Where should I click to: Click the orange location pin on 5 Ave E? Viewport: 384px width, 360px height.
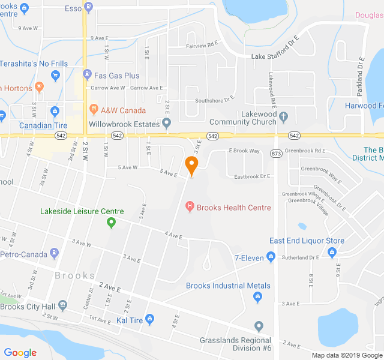click(x=191, y=164)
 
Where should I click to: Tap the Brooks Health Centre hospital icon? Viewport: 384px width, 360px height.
click(x=190, y=208)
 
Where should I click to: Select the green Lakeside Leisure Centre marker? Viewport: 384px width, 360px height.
click(x=111, y=223)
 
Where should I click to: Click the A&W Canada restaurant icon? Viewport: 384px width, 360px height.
click(x=94, y=110)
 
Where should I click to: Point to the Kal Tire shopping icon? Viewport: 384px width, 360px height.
click(x=150, y=319)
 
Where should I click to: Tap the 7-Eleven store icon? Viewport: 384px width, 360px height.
click(x=271, y=257)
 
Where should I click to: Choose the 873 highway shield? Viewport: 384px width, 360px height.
click(x=276, y=154)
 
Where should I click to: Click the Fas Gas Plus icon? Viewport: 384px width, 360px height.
click(x=88, y=75)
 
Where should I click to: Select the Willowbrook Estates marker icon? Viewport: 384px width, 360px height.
click(x=167, y=124)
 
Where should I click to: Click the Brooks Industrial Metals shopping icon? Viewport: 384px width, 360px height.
click(x=259, y=296)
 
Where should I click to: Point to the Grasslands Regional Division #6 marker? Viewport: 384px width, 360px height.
click(x=259, y=326)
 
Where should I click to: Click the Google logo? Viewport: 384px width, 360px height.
click(x=20, y=353)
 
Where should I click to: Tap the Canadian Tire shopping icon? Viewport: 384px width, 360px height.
click(x=55, y=111)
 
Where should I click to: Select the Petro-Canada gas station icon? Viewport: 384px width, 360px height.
click(x=55, y=253)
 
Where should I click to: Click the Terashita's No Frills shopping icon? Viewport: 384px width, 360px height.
click(x=56, y=75)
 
